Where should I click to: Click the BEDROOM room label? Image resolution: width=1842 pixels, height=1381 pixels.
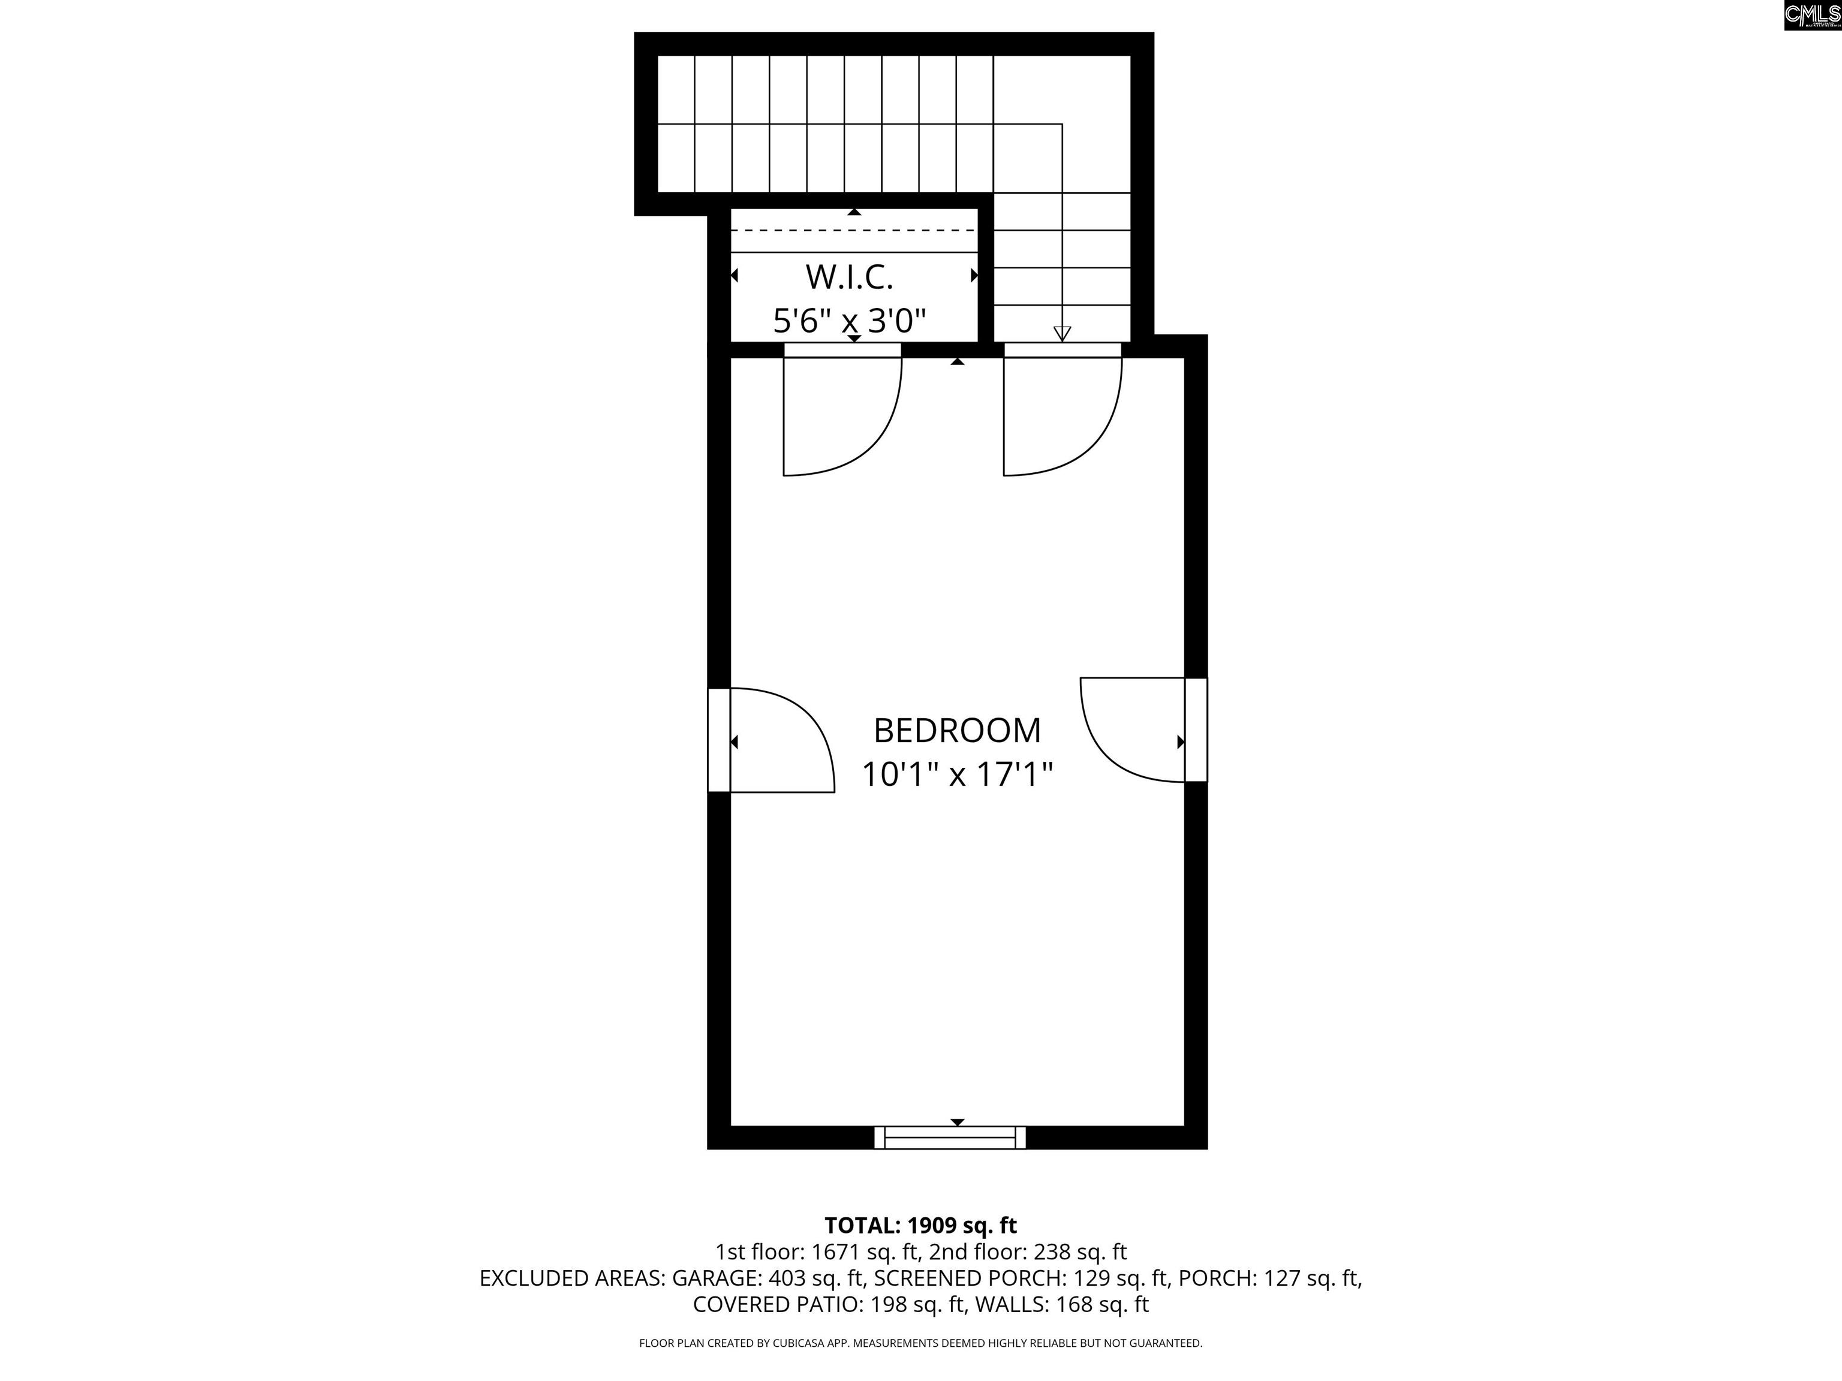click(x=957, y=730)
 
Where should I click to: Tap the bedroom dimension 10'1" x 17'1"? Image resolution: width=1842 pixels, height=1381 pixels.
click(x=957, y=774)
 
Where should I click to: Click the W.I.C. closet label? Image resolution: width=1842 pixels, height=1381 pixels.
click(x=850, y=277)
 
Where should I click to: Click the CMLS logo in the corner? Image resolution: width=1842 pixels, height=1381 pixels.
click(x=1812, y=15)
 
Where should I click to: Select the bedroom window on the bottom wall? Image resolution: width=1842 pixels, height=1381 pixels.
click(x=950, y=1137)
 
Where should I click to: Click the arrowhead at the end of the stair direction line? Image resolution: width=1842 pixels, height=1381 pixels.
click(x=1062, y=334)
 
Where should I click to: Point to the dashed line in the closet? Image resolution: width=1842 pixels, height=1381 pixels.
click(x=854, y=230)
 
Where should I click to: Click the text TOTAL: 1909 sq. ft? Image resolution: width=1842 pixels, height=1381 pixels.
click(x=920, y=1225)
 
